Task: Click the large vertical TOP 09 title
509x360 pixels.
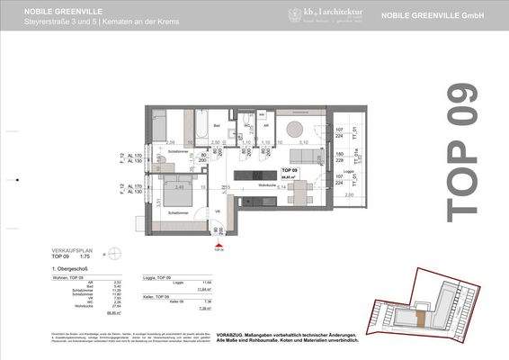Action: [462, 151]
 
